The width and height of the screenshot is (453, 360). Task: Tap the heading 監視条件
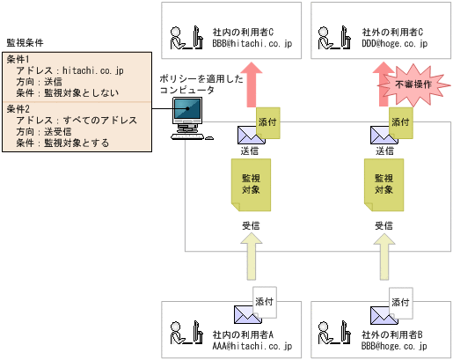point(26,42)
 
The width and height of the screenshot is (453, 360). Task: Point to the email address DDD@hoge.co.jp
point(394,42)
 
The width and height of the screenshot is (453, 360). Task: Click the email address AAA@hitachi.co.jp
point(251,347)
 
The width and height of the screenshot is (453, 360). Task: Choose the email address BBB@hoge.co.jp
point(394,347)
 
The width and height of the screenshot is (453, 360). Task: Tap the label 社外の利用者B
point(392,334)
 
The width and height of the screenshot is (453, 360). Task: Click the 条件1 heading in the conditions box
point(18,59)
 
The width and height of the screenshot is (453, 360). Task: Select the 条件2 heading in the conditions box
point(18,108)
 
